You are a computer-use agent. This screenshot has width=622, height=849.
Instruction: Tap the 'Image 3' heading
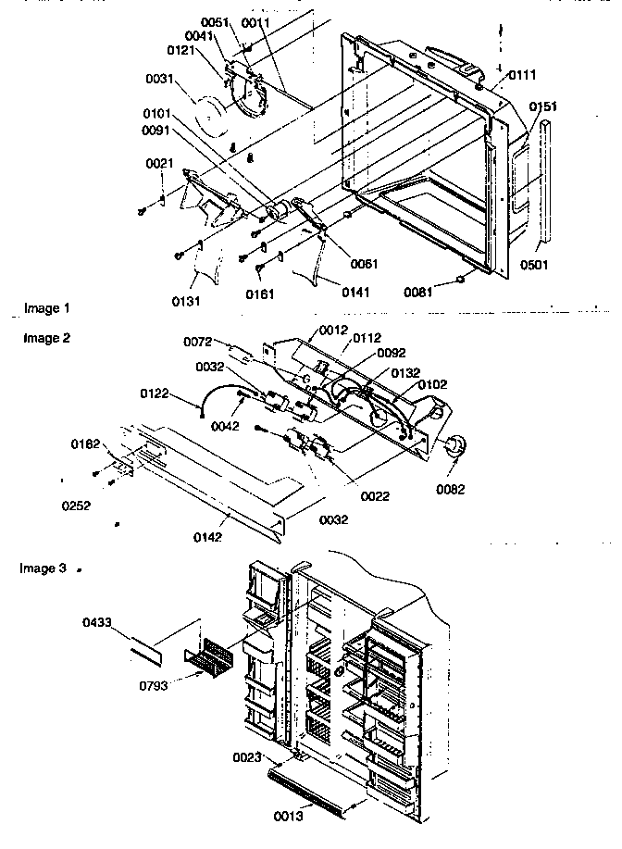[43, 568]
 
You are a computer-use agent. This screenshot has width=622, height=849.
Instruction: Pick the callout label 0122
[155, 393]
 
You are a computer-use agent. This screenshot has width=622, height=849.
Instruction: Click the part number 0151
[543, 107]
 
